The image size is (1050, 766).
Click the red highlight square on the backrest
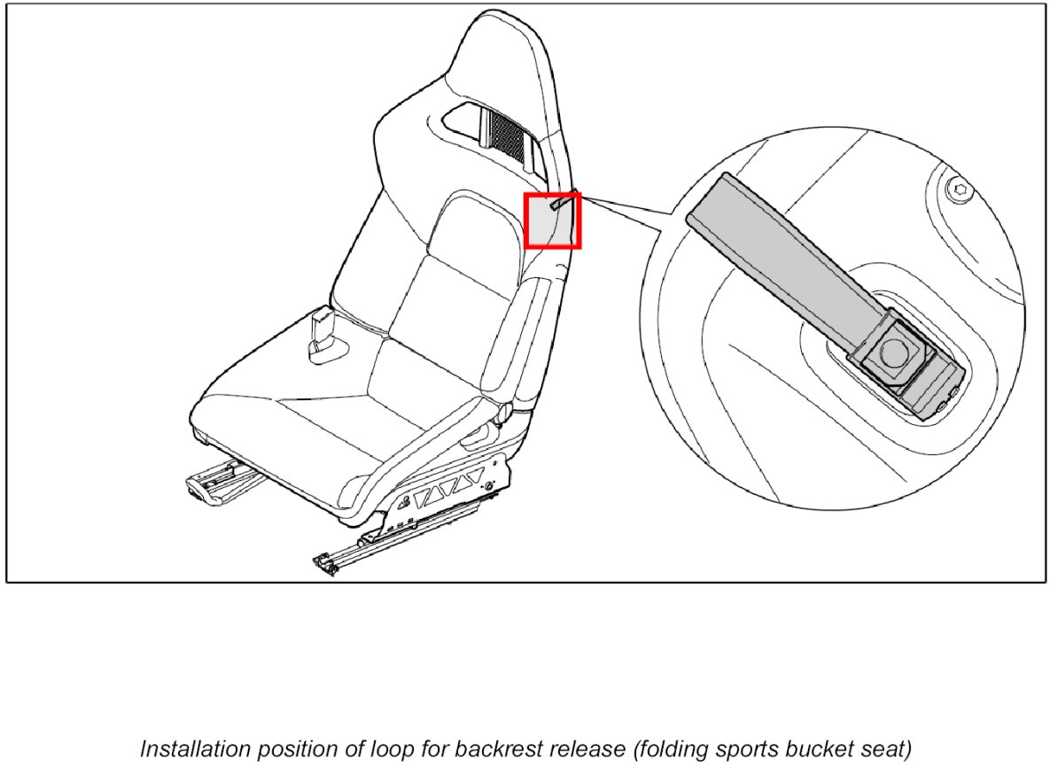(553, 220)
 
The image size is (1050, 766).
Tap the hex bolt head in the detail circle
(958, 190)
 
